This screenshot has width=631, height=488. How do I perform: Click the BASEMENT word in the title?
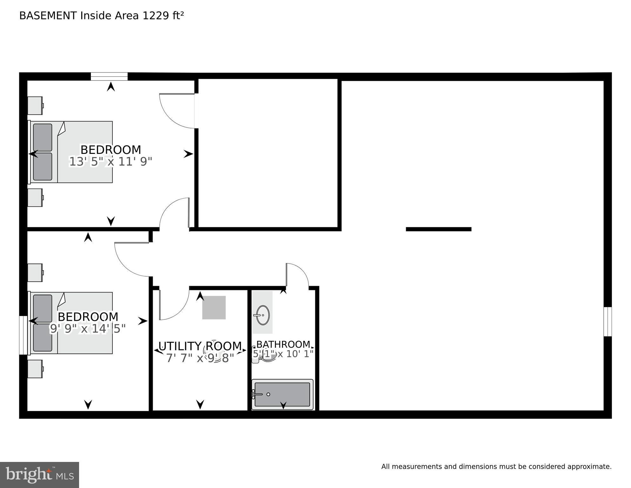pos(48,16)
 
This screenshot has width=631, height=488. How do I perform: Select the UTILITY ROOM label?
pos(200,346)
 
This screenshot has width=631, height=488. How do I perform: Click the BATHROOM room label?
pos(283,344)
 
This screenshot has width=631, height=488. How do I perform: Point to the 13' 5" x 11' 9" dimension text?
pos(111,162)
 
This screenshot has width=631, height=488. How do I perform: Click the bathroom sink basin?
pos(263,315)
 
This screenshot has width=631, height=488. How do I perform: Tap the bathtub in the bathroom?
pos(282,394)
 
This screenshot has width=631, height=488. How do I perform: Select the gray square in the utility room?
pos(214,307)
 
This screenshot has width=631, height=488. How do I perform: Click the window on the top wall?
pos(109,76)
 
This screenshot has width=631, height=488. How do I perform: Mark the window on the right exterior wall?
pos(608,321)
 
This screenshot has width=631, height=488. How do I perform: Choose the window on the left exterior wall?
pos(23,335)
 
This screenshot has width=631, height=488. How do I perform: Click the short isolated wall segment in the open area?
pos(439,229)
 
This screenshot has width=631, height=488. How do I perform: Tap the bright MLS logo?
pos(39,475)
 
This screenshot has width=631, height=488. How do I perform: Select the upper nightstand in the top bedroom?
pos(35,106)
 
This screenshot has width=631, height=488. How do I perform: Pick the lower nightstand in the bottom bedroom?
pos(35,369)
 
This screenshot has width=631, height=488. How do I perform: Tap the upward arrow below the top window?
pos(111,86)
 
